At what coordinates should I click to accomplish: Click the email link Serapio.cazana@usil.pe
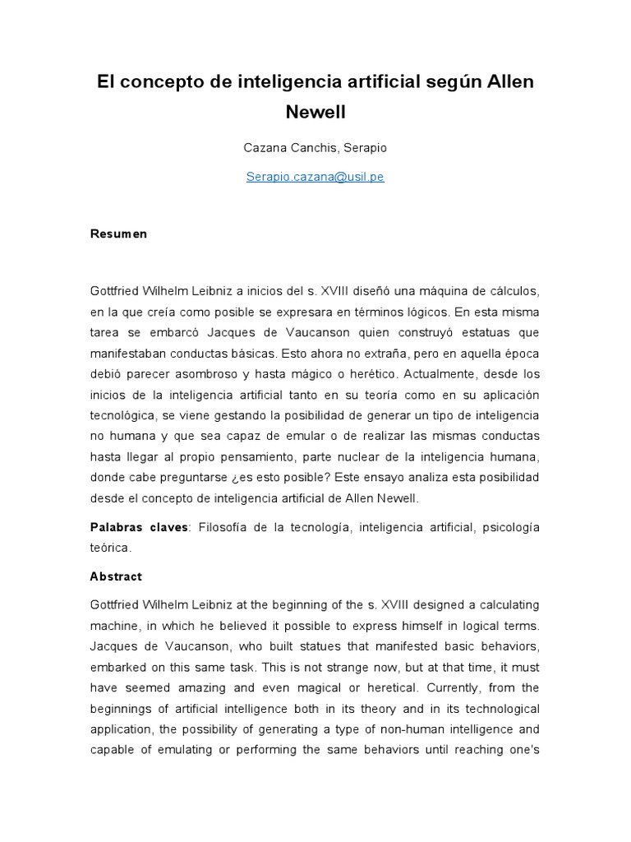[315, 178]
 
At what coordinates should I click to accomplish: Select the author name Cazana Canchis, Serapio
[315, 148]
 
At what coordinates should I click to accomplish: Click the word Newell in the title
[315, 112]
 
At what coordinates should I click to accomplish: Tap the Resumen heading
[118, 234]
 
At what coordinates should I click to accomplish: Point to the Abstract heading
[116, 576]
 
